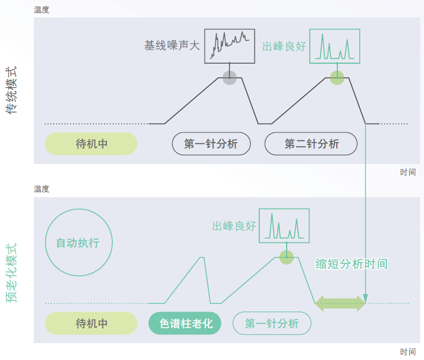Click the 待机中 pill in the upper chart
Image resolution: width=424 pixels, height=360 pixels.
click(x=91, y=144)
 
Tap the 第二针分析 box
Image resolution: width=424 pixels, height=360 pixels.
click(x=311, y=144)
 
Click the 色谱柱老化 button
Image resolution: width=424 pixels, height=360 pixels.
click(x=185, y=323)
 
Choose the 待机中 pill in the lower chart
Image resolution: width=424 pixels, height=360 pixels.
click(x=91, y=323)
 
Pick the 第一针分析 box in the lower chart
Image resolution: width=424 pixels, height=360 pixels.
click(x=271, y=323)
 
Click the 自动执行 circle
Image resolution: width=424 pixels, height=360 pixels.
click(x=78, y=242)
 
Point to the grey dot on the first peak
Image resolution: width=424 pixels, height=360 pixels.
click(x=229, y=78)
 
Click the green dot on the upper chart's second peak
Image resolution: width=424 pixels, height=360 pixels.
click(x=337, y=78)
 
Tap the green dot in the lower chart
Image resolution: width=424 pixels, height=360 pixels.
click(x=287, y=258)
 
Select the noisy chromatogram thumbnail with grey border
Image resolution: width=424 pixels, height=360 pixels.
click(x=230, y=46)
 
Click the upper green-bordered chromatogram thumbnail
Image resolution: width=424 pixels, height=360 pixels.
click(x=335, y=46)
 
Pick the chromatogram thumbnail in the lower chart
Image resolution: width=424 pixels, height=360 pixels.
click(x=284, y=225)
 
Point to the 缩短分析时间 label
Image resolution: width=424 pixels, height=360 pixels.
click(x=352, y=264)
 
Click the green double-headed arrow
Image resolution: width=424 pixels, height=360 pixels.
click(x=340, y=303)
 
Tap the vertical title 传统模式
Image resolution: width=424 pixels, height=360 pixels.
click(x=11, y=90)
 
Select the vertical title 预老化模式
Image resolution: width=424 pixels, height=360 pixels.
click(x=11, y=272)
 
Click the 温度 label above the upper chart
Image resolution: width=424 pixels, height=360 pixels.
click(x=41, y=9)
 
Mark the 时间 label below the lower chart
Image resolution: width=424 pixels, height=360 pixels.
click(x=408, y=352)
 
